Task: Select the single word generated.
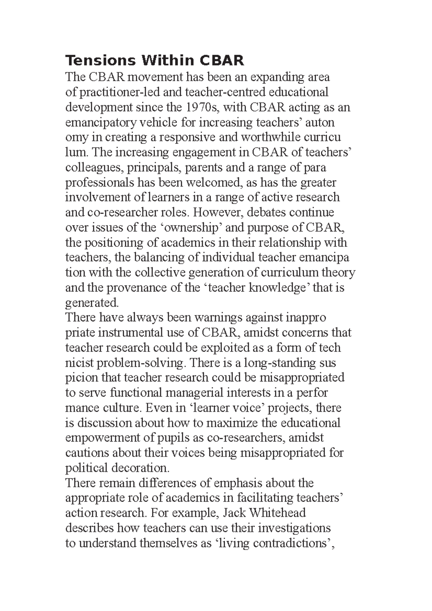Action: click(92, 303)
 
